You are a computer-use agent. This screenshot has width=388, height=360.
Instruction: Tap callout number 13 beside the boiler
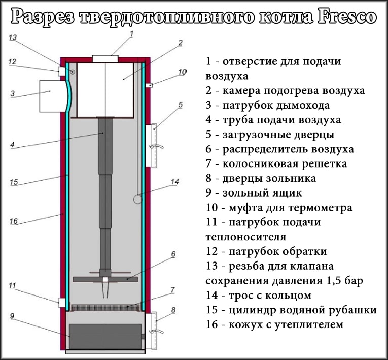point(13,38)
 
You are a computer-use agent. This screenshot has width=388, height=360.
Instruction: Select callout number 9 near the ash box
point(13,315)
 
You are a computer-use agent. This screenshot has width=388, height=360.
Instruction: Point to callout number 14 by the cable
point(175,181)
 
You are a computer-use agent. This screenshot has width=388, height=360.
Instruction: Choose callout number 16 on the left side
point(14,221)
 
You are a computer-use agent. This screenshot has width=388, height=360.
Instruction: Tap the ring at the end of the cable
point(137,200)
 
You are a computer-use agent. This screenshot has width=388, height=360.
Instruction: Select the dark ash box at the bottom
point(104,335)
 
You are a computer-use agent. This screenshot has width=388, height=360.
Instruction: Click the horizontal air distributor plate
point(105,279)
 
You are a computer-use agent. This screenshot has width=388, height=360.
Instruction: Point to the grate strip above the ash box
point(104,307)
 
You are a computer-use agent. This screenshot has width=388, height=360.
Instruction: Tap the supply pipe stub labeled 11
point(63,303)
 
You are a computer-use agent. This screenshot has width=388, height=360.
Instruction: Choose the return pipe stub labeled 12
point(63,71)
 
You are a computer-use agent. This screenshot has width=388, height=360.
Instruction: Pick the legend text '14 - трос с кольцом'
point(258,295)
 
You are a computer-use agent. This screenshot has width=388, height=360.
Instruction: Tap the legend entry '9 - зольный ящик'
point(254,193)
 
